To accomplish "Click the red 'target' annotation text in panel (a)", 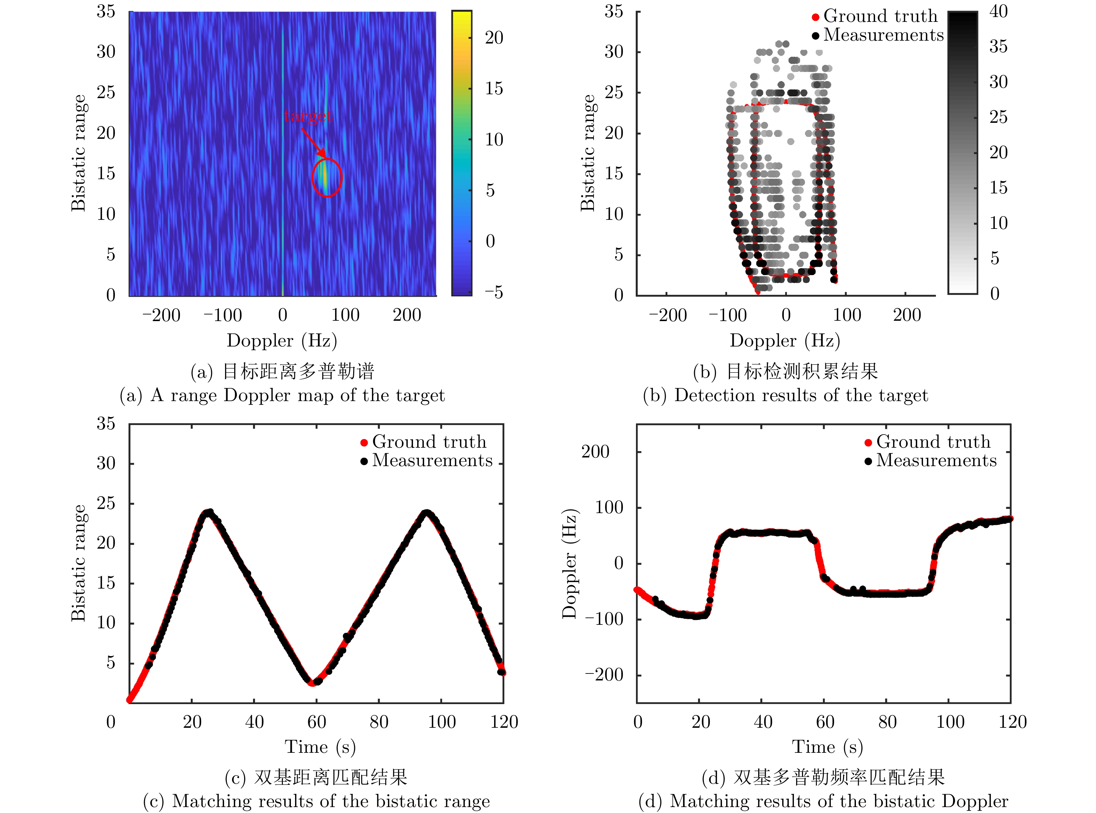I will click(x=308, y=116).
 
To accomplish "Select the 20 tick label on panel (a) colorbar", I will click(x=494, y=38).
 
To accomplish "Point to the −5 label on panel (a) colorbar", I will click(x=493, y=292).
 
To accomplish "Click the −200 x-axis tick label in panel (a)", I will click(x=161, y=315).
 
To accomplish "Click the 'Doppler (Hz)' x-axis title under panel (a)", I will click(x=281, y=341).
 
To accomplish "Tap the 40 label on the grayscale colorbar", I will click(x=999, y=11).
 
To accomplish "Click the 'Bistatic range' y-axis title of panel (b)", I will click(x=588, y=153).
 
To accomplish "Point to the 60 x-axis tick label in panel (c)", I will click(x=316, y=722).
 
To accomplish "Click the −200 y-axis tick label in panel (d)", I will click(x=604, y=675).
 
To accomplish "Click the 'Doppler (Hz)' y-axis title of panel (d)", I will click(x=570, y=564).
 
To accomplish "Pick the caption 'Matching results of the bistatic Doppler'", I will click(x=823, y=801).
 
